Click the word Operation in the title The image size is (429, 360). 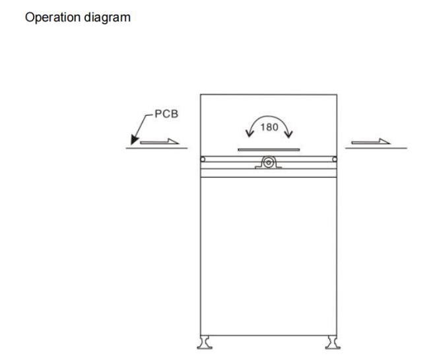pyautogui.click(x=53, y=18)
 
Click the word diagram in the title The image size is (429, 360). pyautogui.click(x=107, y=18)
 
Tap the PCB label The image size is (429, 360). pyautogui.click(x=166, y=114)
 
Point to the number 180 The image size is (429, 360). pyautogui.click(x=269, y=127)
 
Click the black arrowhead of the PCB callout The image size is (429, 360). pyautogui.click(x=134, y=139)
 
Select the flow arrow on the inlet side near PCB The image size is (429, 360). pyautogui.click(x=160, y=141)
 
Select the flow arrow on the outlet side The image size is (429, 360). pyautogui.click(x=371, y=141)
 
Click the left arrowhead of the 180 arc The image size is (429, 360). pyautogui.click(x=249, y=133)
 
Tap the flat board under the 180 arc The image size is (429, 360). pyautogui.click(x=269, y=150)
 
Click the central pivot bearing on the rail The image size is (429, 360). pyautogui.click(x=269, y=162)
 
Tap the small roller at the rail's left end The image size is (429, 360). pyautogui.click(x=203, y=159)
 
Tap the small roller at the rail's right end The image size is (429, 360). pyautogui.click(x=335, y=159)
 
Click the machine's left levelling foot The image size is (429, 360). pyautogui.click(x=205, y=342)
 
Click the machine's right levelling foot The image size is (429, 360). pyautogui.click(x=333, y=342)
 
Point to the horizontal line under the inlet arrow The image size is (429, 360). pyautogui.click(x=156, y=148)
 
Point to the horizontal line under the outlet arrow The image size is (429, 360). pyautogui.click(x=376, y=148)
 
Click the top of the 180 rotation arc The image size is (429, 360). pyautogui.click(x=269, y=117)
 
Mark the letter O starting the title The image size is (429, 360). pyautogui.click(x=30, y=17)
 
